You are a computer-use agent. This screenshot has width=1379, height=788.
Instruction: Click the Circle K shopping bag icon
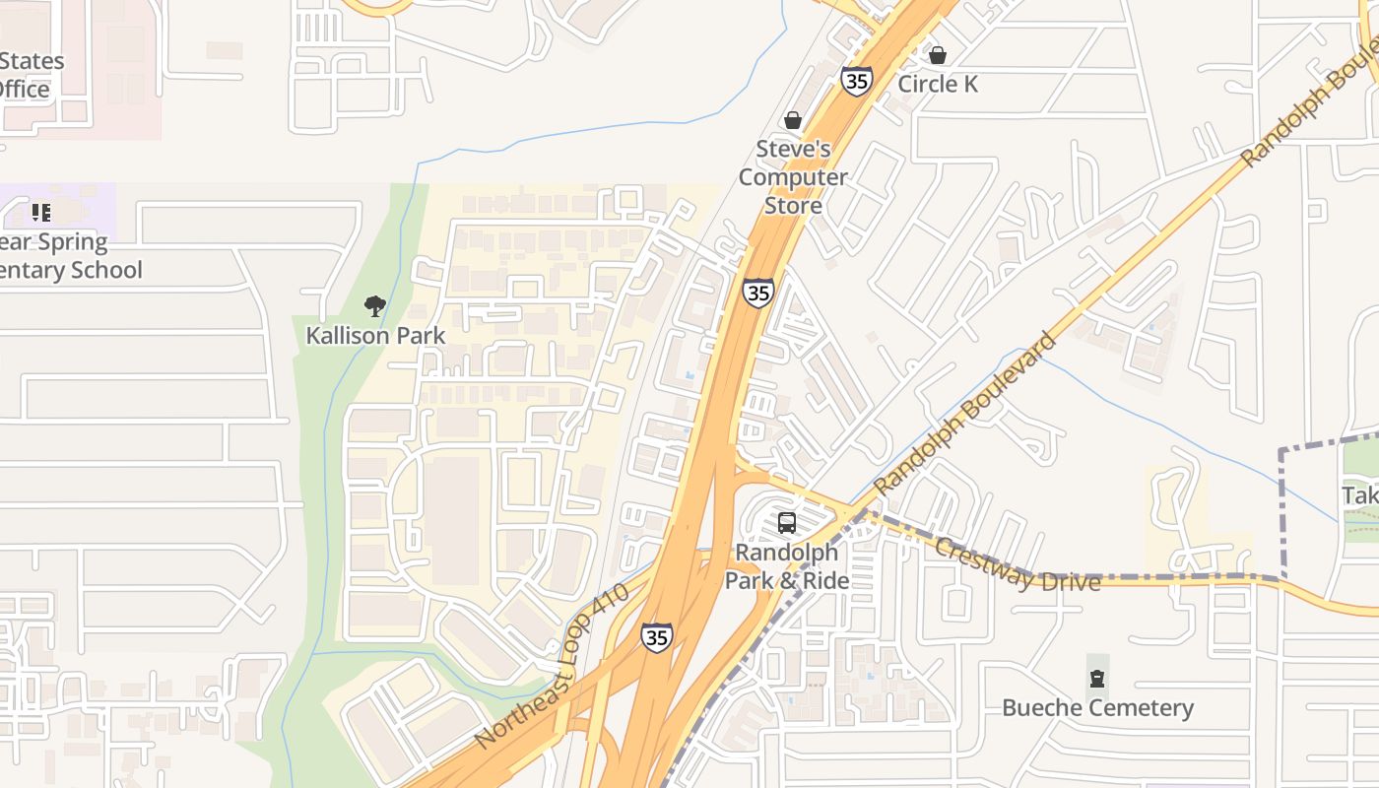tap(938, 55)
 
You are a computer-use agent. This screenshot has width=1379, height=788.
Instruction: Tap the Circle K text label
tap(938, 85)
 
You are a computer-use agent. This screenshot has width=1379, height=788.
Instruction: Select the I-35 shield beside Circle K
tap(857, 81)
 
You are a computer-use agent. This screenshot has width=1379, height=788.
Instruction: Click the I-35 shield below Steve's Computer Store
tap(757, 293)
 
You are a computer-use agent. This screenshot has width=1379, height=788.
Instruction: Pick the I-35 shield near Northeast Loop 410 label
tap(656, 637)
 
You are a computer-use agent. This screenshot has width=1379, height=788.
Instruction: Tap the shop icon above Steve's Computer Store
tap(792, 120)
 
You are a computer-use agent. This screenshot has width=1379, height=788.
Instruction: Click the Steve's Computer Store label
tap(793, 177)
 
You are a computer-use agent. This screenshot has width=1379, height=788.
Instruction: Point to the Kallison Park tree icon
tap(374, 306)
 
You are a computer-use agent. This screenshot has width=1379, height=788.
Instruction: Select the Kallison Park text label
tap(375, 336)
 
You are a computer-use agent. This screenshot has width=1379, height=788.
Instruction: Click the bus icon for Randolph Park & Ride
tap(786, 523)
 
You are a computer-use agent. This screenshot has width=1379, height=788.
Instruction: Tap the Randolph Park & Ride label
tap(787, 566)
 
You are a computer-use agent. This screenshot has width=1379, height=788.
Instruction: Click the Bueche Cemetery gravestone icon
tap(1097, 679)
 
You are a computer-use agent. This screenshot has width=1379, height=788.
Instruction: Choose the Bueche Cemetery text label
tap(1097, 708)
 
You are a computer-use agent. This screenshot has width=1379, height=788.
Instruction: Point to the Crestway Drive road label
tap(1017, 565)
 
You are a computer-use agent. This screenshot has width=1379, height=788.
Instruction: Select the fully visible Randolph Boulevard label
tap(964, 414)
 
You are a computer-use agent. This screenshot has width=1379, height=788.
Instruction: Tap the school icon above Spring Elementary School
tap(41, 212)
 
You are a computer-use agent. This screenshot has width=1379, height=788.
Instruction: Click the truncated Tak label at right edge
tap(1360, 495)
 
